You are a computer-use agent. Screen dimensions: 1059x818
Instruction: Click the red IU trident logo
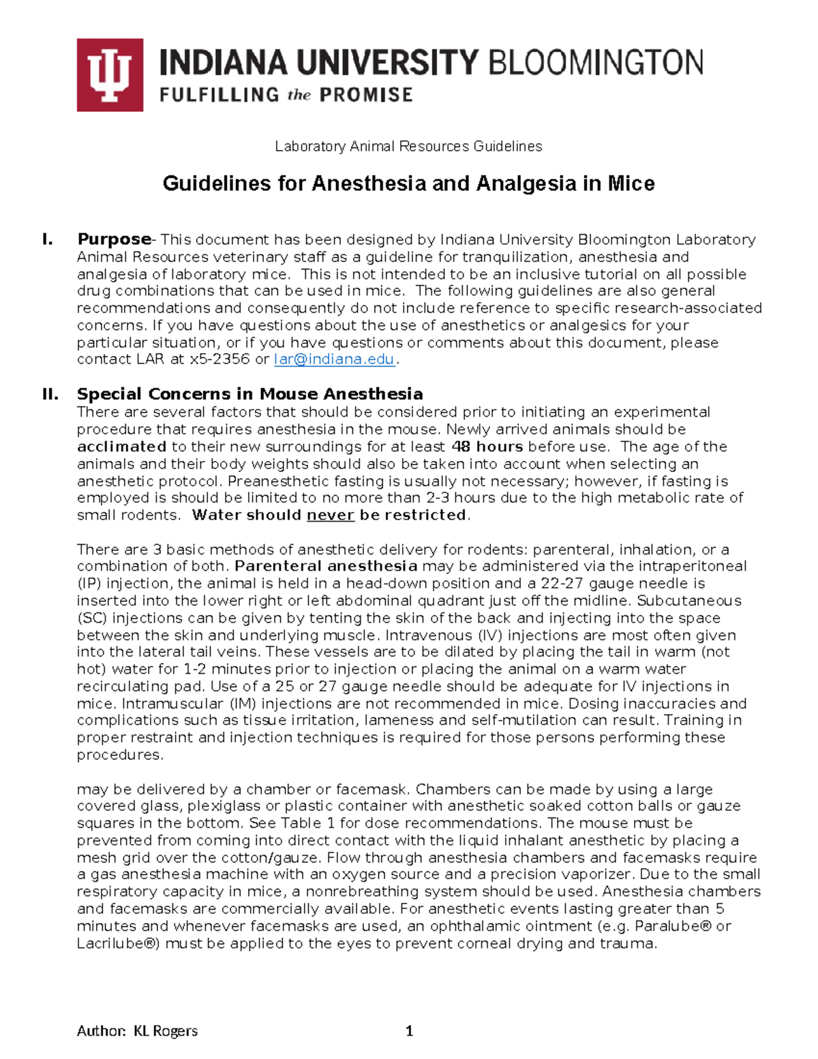point(110,75)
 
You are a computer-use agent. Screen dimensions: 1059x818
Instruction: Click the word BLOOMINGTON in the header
point(595,63)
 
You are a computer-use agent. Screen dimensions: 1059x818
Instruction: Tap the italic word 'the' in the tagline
point(299,95)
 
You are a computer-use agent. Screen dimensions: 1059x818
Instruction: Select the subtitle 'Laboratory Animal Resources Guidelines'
point(408,146)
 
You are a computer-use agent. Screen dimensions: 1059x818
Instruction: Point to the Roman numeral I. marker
point(48,239)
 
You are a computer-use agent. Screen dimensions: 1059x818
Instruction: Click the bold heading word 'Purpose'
point(114,239)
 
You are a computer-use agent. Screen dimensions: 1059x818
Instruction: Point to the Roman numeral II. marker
point(50,394)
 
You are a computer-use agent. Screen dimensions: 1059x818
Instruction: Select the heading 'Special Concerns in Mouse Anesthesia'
point(249,394)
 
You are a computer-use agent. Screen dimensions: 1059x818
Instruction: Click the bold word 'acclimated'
point(121,447)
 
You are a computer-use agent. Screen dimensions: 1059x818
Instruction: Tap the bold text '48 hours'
point(487,447)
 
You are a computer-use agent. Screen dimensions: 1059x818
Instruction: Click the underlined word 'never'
point(331,515)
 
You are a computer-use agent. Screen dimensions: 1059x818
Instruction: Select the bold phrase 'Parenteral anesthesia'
point(326,566)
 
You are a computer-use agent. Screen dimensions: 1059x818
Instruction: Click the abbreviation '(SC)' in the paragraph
point(92,618)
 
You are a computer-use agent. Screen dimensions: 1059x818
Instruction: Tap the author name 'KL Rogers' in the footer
point(166,1030)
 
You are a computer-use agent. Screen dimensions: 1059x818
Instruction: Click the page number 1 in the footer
point(409,1030)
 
